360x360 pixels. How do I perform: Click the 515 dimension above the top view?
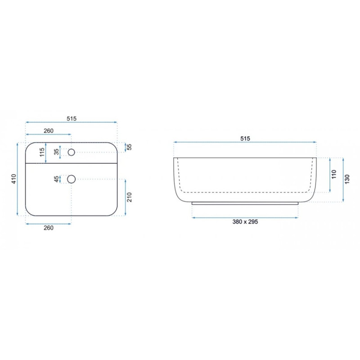point(72,118)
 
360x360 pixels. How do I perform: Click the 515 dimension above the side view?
point(245,139)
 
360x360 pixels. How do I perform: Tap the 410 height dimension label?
point(14,179)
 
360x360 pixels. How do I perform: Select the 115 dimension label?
point(42,152)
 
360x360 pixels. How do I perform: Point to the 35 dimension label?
point(57,152)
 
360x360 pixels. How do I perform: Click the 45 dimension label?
point(57,179)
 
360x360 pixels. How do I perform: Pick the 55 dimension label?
point(130,147)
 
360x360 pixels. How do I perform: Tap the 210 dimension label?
point(130,197)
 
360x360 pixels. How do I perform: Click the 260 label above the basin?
point(49,130)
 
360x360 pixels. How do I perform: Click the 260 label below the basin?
point(49,228)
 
